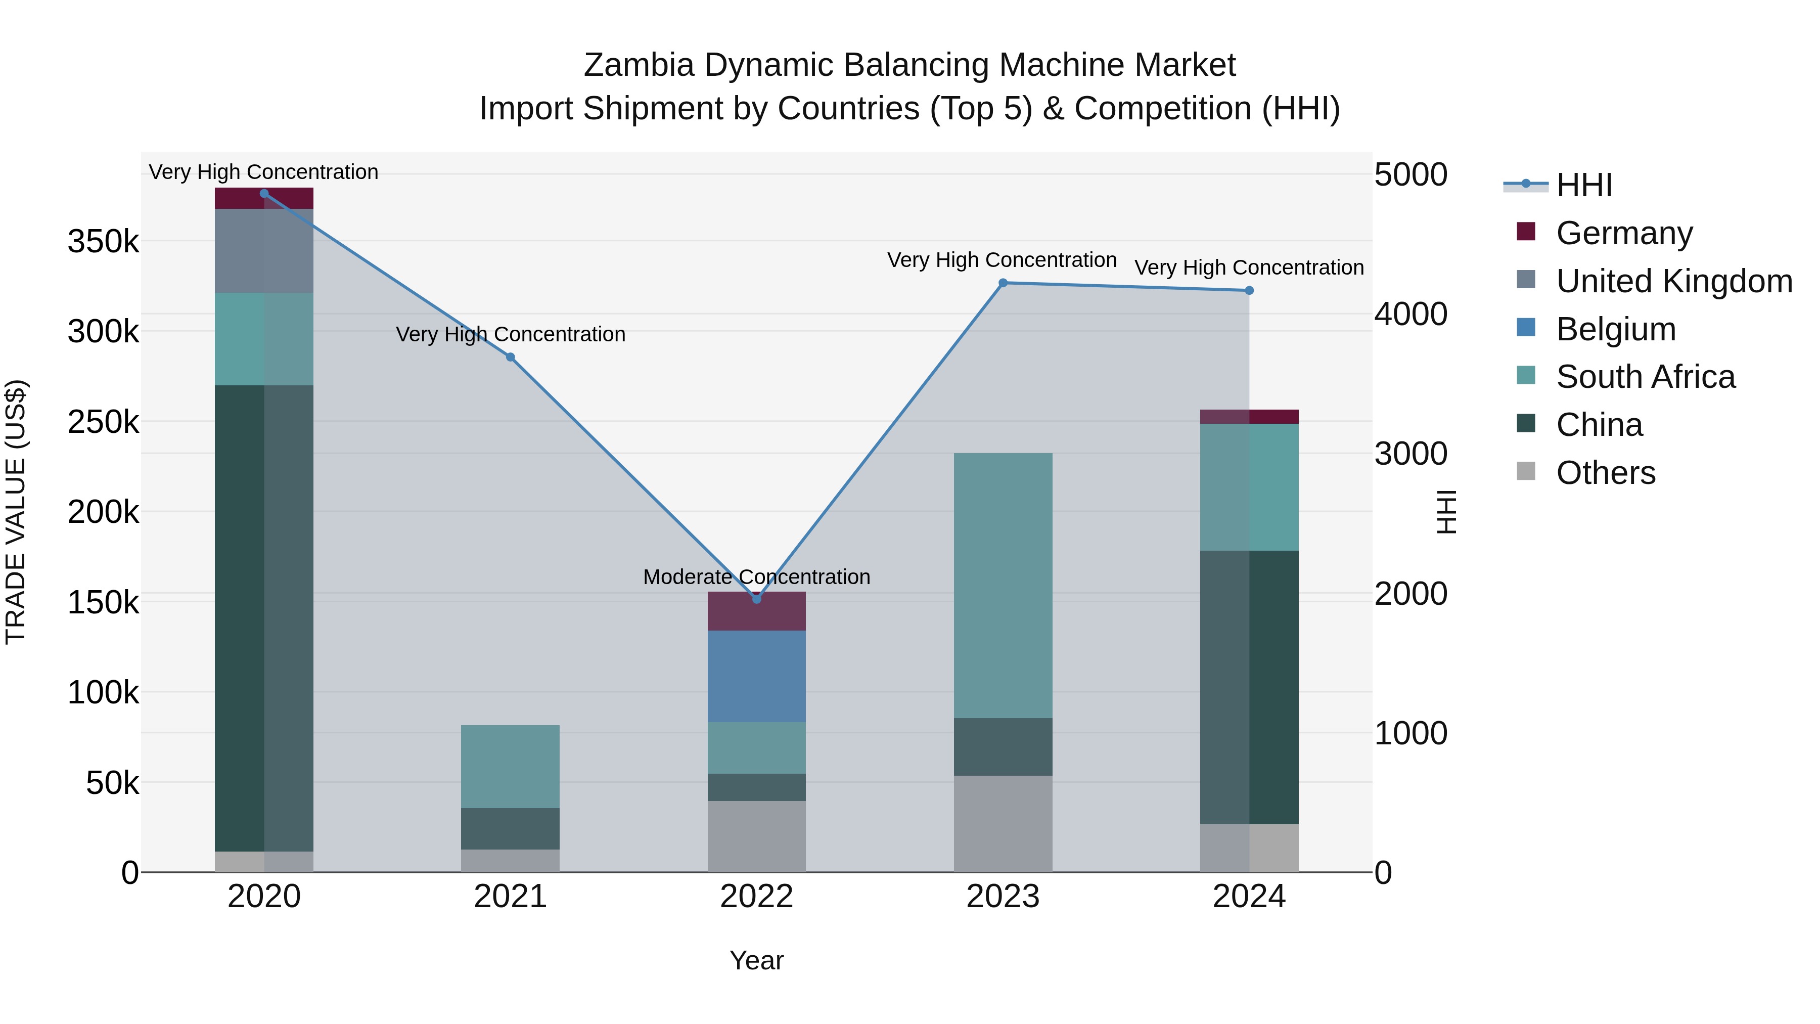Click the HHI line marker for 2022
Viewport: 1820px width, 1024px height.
pos(757,599)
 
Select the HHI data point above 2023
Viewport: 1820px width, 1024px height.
pos(1003,283)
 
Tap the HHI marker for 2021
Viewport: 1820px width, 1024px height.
pos(511,357)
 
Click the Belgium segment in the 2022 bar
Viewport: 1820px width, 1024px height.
pos(757,676)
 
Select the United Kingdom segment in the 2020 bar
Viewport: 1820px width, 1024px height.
pos(263,250)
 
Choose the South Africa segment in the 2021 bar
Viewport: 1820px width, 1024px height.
pos(510,766)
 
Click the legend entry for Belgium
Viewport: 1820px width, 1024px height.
pos(1615,329)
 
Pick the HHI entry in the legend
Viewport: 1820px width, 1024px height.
pos(1583,185)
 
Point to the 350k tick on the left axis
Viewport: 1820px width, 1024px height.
pos(103,242)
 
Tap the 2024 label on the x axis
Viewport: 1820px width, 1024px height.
pos(1249,897)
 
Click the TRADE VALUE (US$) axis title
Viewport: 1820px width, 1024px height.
pos(16,512)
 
